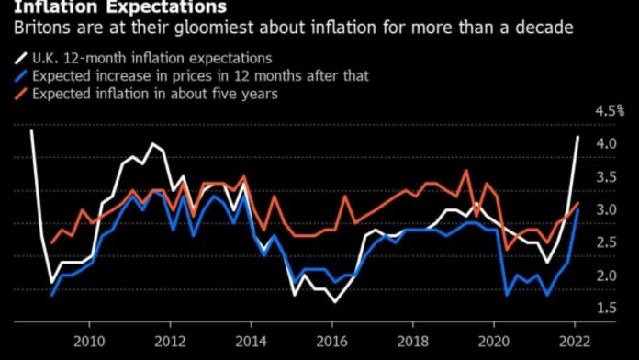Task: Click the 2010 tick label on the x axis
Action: click(x=89, y=342)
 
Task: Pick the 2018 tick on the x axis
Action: click(x=412, y=342)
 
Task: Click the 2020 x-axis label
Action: click(x=493, y=342)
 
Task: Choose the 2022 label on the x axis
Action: click(x=574, y=342)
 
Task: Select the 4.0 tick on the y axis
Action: click(x=606, y=144)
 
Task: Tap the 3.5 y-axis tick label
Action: click(x=606, y=177)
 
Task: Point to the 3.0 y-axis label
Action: click(x=606, y=210)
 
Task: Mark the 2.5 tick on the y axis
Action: click(x=606, y=243)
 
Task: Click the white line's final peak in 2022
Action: click(x=578, y=137)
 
